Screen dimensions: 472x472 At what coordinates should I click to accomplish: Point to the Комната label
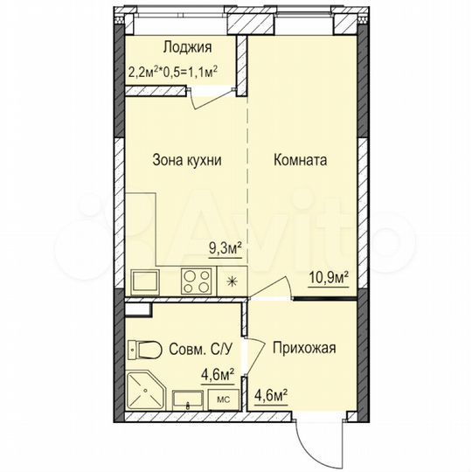coord(300,161)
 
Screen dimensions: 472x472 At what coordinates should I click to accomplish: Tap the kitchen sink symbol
coord(143,281)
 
